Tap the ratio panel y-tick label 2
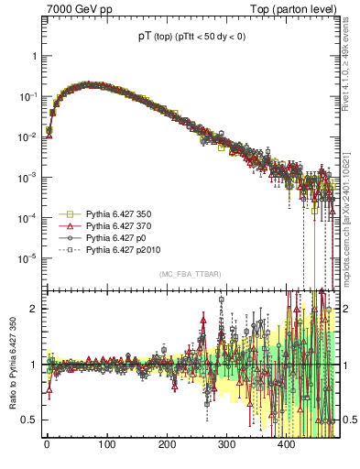(32, 309)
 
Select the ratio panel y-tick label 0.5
(27, 420)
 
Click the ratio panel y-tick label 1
(32, 365)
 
